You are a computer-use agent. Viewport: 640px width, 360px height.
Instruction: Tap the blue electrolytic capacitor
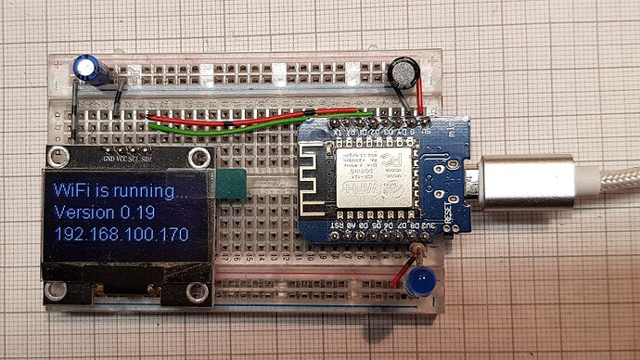pyautogui.click(x=88, y=68)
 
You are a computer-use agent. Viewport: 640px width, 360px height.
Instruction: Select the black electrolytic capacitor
pyautogui.click(x=403, y=71)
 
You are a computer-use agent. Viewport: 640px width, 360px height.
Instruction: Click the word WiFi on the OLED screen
pyautogui.click(x=73, y=192)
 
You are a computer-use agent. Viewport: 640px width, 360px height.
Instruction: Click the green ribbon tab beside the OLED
pyautogui.click(x=229, y=184)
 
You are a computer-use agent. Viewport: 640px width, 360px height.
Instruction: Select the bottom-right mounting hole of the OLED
pyautogui.click(x=197, y=293)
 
